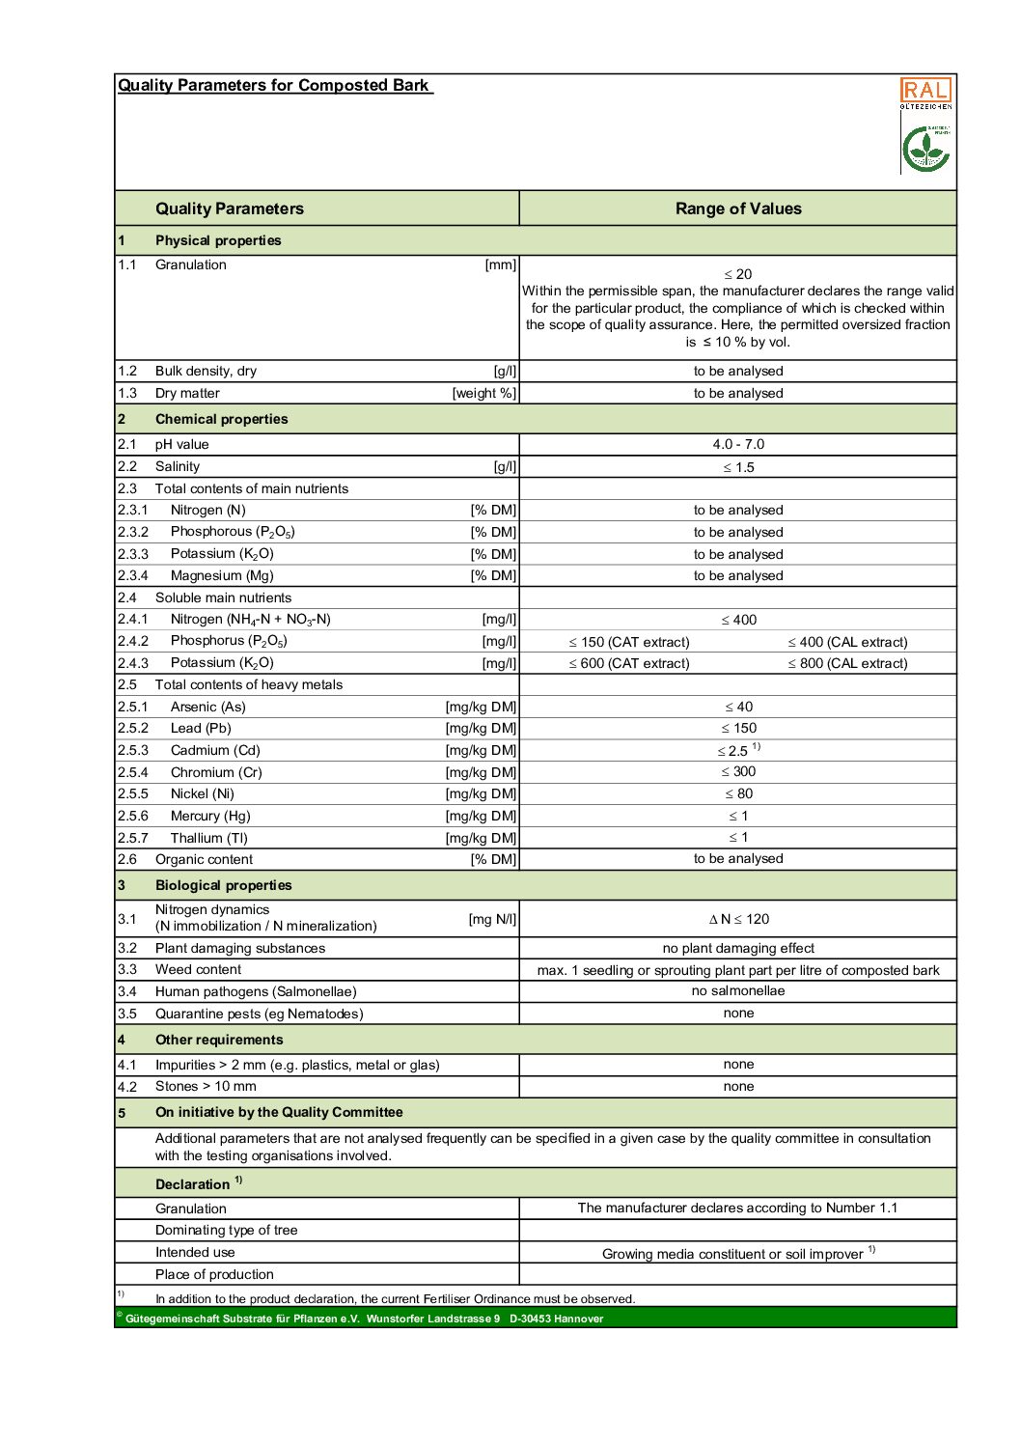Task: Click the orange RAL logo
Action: [x=925, y=91]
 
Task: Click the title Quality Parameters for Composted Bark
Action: [x=273, y=85]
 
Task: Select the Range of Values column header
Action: [x=738, y=208]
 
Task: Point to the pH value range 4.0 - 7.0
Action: [x=738, y=444]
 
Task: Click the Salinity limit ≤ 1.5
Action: [x=738, y=467]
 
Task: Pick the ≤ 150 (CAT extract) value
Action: [x=629, y=642]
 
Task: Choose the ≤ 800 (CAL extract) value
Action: [x=847, y=663]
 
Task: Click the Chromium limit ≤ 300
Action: [x=738, y=771]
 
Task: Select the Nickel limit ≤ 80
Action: [x=738, y=793]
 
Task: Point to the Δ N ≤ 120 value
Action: [x=738, y=919]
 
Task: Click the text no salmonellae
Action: [x=738, y=990]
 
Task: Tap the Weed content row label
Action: [x=198, y=969]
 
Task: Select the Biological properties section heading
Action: [x=223, y=885]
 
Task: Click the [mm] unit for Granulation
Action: [x=500, y=264]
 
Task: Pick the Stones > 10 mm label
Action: [x=206, y=1086]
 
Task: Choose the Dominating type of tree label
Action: [x=226, y=1230]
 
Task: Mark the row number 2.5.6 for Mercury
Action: [x=133, y=816]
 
